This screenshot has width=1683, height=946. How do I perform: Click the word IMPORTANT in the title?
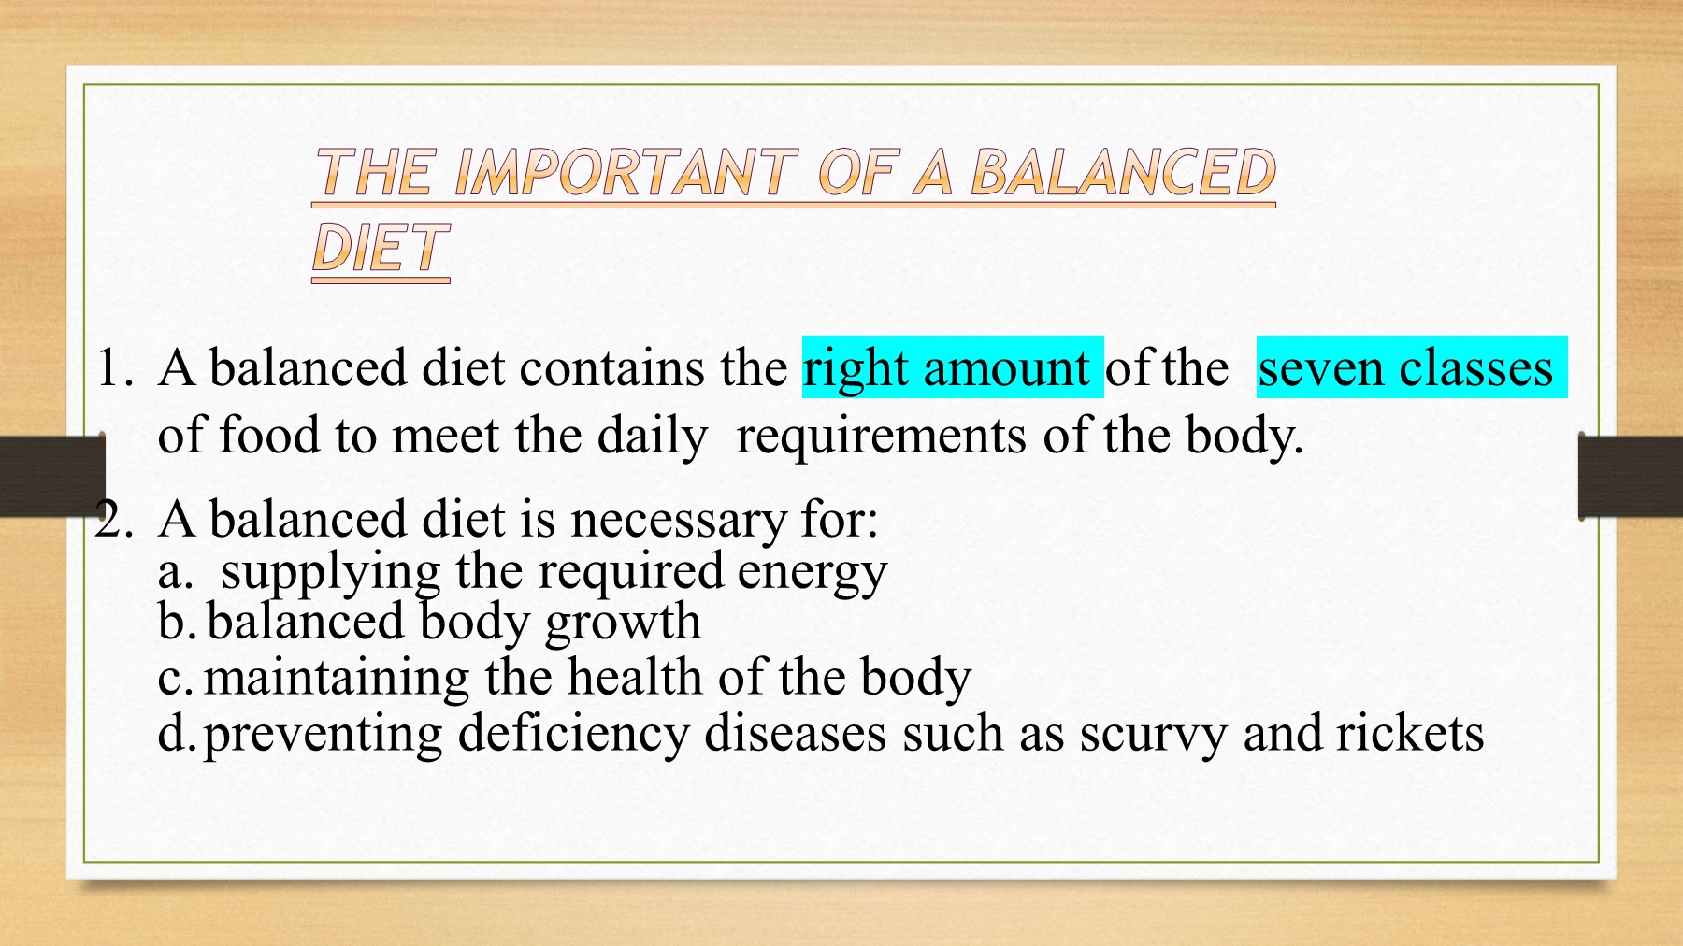coord(625,173)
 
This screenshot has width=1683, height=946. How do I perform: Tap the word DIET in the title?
coord(381,249)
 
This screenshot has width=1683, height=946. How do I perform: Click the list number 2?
coord(114,520)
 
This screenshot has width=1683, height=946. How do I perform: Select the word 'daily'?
coord(653,437)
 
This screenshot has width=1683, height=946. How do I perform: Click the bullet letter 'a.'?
coord(176,572)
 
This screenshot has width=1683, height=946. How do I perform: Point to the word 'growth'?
coord(623,623)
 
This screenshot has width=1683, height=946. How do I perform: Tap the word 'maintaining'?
coord(337,679)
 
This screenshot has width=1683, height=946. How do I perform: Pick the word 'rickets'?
coord(1410,733)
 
